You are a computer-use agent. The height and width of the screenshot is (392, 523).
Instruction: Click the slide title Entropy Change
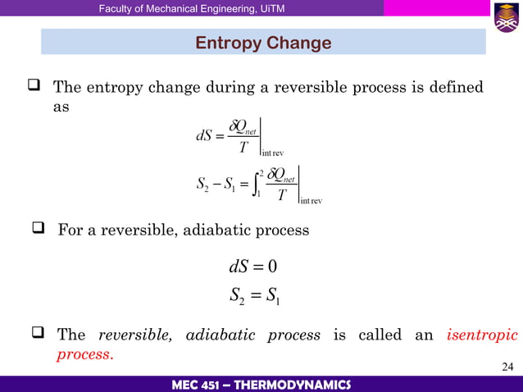click(262, 43)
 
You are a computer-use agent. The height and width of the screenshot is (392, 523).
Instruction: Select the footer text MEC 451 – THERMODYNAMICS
click(261, 385)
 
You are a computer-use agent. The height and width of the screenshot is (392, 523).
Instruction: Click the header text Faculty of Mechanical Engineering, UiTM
click(175, 8)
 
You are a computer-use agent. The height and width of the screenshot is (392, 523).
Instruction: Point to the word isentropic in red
click(483, 335)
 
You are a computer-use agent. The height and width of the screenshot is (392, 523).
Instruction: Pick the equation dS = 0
click(257, 267)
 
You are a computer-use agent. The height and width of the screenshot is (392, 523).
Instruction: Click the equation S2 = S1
click(257, 294)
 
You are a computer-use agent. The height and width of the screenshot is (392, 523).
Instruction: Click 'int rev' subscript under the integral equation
click(312, 201)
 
